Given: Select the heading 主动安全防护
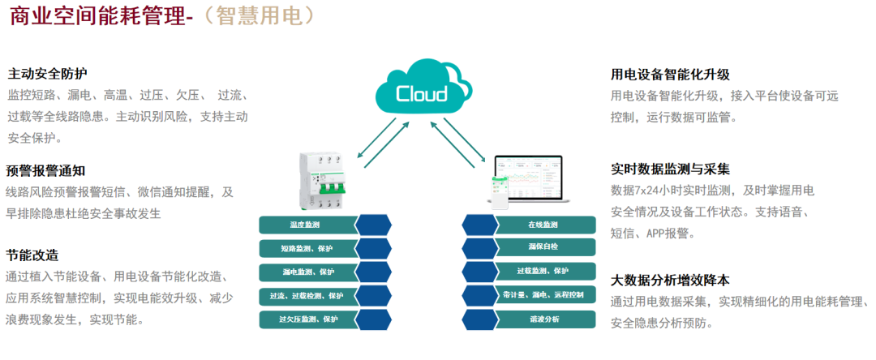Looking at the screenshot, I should point(47,73).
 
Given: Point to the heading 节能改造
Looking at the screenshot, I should point(32,255).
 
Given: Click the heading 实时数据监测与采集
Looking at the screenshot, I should point(670,169).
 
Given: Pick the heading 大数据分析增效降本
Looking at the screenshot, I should point(670,280).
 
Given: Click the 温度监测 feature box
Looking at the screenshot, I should point(305,225).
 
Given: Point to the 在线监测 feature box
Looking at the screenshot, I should point(543,225).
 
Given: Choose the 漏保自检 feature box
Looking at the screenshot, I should point(543,248).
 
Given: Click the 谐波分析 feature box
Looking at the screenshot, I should point(543,319).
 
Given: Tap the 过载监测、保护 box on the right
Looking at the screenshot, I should point(543,272).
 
